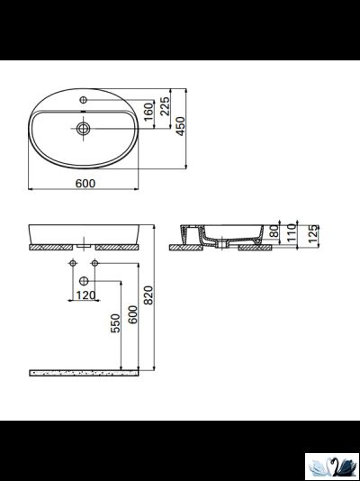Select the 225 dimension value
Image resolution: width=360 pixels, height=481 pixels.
pos(164,108)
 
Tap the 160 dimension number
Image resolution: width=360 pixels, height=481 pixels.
pos(148,115)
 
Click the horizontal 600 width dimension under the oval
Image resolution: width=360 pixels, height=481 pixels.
pos(85,182)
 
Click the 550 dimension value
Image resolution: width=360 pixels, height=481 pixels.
pos(114,324)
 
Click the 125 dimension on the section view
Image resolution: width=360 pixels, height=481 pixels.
pos(312,235)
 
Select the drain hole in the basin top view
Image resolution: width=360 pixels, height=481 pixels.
pos(84,129)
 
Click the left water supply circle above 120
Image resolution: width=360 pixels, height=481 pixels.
pos(71,262)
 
